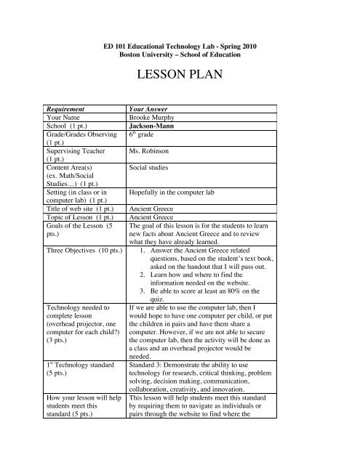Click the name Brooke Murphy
click(x=153, y=116)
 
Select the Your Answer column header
click(x=152, y=106)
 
